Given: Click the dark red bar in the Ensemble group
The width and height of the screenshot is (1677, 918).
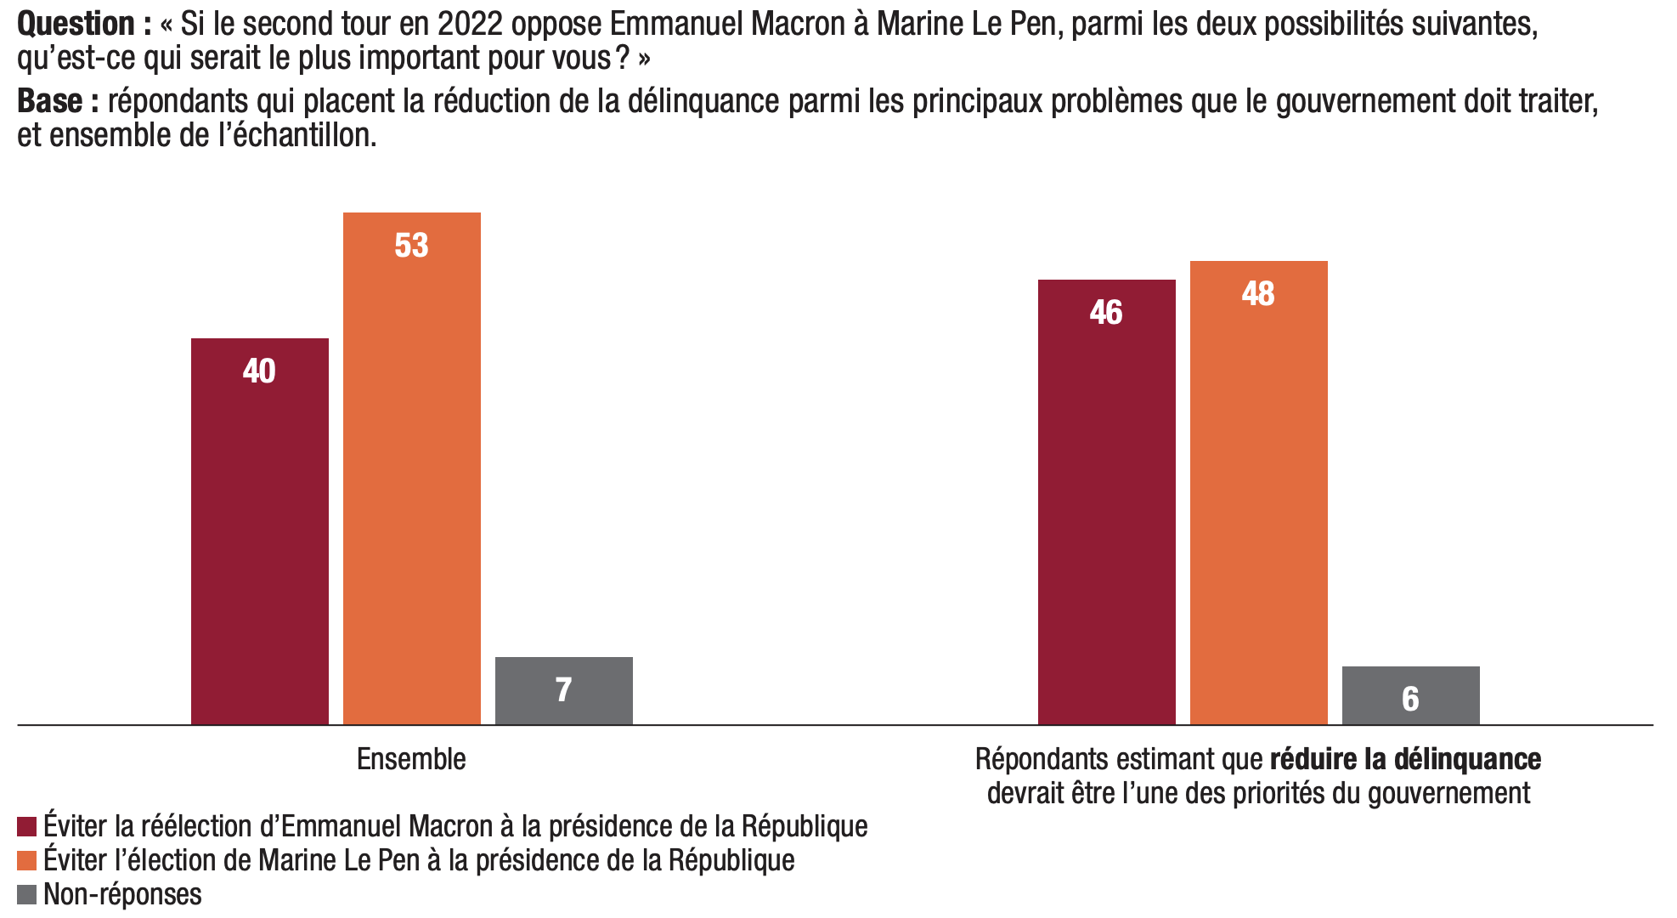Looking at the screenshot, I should click(x=259, y=531).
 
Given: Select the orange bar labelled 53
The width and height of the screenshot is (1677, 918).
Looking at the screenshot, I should click(x=411, y=467).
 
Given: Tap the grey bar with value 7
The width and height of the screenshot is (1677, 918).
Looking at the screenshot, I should click(x=563, y=690).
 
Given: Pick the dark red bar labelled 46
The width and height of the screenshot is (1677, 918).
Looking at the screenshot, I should click(x=1106, y=501).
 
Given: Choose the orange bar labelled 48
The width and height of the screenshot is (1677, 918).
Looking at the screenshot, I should click(x=1258, y=493).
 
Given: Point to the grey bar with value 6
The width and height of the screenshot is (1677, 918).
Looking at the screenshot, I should click(x=1410, y=695).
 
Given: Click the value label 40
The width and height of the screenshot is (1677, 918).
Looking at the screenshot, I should click(x=259, y=371).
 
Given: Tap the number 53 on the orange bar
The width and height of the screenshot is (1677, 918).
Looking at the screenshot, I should click(x=411, y=246).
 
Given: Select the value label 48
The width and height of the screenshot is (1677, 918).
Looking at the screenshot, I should click(x=1258, y=294).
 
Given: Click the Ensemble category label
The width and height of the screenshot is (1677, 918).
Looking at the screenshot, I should click(x=411, y=759).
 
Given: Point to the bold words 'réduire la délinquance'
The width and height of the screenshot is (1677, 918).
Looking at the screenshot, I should click(x=1405, y=759).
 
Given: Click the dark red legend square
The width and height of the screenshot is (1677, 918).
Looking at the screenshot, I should click(x=26, y=826).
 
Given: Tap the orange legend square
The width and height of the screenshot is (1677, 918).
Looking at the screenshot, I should click(x=26, y=860).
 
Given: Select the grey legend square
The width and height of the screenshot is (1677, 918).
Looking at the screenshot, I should click(x=26, y=894).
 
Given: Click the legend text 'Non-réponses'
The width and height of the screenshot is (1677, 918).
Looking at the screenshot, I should click(x=122, y=894).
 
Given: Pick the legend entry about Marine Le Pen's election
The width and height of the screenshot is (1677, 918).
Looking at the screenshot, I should click(x=419, y=860).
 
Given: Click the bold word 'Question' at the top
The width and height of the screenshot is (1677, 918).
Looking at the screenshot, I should click(x=76, y=24).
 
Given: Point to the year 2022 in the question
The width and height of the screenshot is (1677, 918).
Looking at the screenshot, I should click(x=471, y=24).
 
